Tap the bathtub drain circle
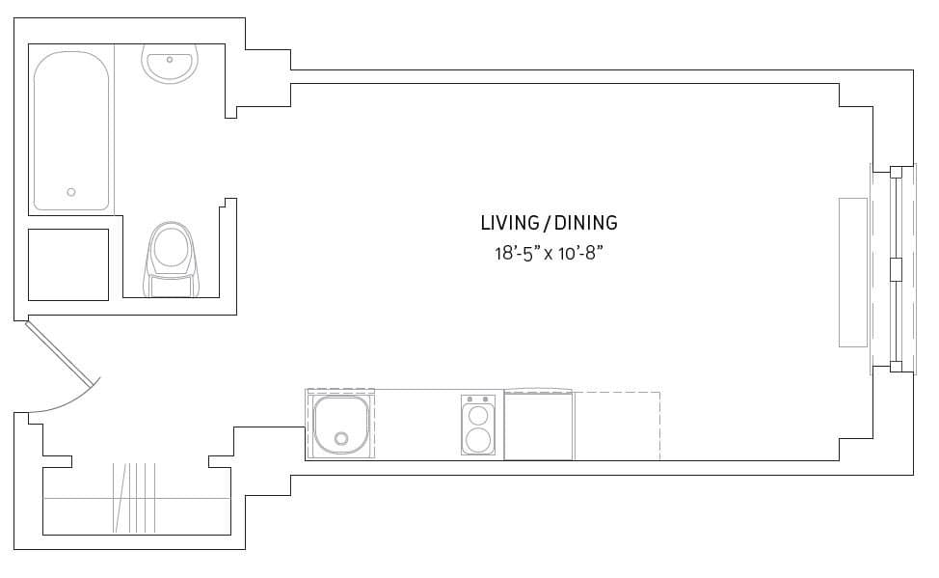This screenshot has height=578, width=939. pyautogui.click(x=71, y=192)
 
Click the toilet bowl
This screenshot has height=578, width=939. pyautogui.click(x=172, y=246)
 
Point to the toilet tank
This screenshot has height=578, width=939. pyautogui.click(x=172, y=286)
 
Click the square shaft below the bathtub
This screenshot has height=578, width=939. pyautogui.click(x=67, y=264)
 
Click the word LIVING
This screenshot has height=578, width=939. pyautogui.click(x=510, y=223)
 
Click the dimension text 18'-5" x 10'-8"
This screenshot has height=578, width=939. pyautogui.click(x=549, y=254)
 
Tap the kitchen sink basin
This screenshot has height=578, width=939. pyautogui.click(x=340, y=425)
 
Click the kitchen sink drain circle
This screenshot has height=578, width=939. pyautogui.click(x=340, y=439)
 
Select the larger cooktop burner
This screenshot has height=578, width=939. pyautogui.click(x=477, y=440)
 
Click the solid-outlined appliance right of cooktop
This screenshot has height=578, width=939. pyautogui.click(x=538, y=426)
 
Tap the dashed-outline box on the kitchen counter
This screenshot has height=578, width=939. pyautogui.click(x=617, y=426)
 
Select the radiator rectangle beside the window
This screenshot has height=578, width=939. pyautogui.click(x=853, y=272)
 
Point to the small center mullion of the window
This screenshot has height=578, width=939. pyautogui.click(x=896, y=269)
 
